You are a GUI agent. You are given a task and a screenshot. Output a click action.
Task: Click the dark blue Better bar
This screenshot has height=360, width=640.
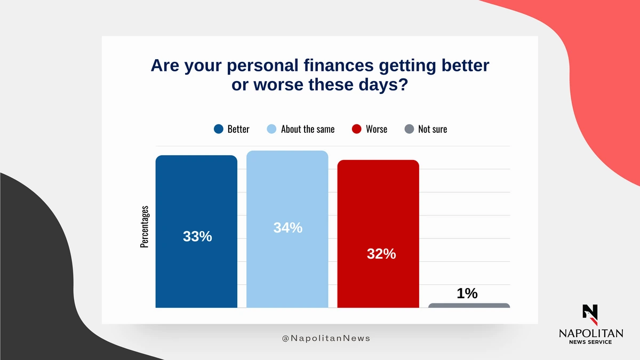click(x=196, y=231)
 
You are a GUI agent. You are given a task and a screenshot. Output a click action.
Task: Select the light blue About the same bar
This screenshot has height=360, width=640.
click(x=287, y=229)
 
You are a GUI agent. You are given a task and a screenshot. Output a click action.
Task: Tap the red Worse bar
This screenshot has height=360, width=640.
click(x=378, y=234)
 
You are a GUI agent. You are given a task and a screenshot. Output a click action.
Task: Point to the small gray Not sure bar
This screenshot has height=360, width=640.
click(x=469, y=306)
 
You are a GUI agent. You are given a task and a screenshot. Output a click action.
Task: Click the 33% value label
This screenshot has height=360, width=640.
click(x=197, y=237)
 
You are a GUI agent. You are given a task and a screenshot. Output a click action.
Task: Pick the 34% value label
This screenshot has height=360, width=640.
click(x=287, y=228)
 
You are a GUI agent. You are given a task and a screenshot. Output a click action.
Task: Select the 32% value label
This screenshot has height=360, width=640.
click(x=381, y=254)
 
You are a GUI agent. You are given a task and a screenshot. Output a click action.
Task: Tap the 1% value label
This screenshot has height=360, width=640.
click(x=467, y=293)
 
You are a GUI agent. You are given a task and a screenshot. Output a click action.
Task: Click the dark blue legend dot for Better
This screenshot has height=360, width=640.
click(x=219, y=129)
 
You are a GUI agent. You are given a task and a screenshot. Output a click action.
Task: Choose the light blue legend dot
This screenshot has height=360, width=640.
click(x=271, y=129)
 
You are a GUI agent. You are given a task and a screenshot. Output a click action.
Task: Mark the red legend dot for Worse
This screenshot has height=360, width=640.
click(x=357, y=129)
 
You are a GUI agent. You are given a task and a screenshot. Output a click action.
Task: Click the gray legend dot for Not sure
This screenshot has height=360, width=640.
click(x=409, y=129)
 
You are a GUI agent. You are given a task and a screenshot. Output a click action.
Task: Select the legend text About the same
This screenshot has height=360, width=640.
click(x=308, y=129)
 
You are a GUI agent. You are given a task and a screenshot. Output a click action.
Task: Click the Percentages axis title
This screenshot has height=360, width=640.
click(x=145, y=227)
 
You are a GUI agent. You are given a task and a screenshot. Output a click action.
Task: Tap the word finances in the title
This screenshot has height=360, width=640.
click(x=339, y=65)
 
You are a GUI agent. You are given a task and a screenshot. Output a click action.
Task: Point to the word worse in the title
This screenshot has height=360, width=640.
click(x=278, y=85)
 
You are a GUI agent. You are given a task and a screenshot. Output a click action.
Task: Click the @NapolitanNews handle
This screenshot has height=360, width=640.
click(x=326, y=338)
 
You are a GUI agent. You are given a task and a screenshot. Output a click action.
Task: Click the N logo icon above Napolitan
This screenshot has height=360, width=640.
click(x=590, y=315)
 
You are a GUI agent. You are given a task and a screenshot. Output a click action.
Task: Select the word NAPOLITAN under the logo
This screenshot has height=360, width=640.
click(x=591, y=333)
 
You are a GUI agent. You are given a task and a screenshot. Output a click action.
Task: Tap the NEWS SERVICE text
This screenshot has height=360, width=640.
click(x=590, y=342)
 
